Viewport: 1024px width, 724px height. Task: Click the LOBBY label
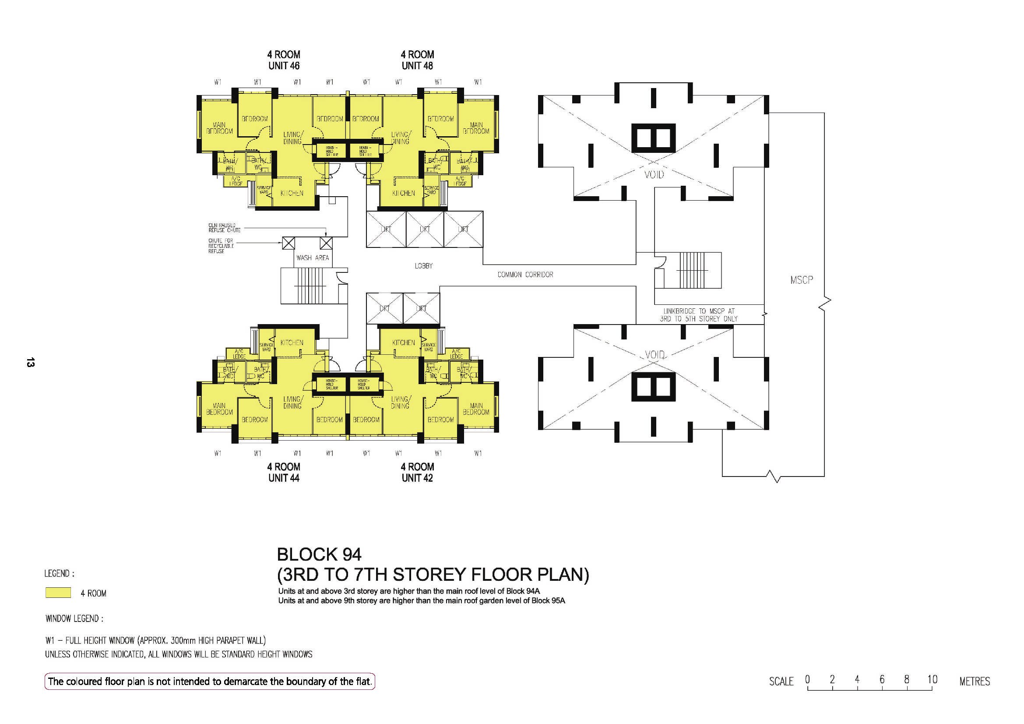423,266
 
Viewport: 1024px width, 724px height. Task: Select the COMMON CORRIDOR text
525,275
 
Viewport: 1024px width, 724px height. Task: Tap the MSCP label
801,280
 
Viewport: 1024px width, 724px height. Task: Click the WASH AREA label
312,258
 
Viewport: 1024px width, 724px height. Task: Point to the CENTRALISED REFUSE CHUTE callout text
224,228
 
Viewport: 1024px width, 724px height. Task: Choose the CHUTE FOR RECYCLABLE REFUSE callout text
221,246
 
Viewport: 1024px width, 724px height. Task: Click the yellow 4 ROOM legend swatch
58,593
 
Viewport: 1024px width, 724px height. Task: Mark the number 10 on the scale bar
932,679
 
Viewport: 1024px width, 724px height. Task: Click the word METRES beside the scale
975,681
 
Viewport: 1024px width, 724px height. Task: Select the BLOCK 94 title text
319,554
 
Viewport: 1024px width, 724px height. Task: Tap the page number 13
30,362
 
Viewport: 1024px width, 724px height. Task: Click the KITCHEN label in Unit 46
292,193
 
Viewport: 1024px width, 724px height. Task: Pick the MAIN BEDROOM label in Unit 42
476,409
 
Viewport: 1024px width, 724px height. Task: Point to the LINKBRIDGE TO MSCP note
698,315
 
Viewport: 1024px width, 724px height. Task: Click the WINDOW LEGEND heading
74,619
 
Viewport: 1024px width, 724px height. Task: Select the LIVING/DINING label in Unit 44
292,403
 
